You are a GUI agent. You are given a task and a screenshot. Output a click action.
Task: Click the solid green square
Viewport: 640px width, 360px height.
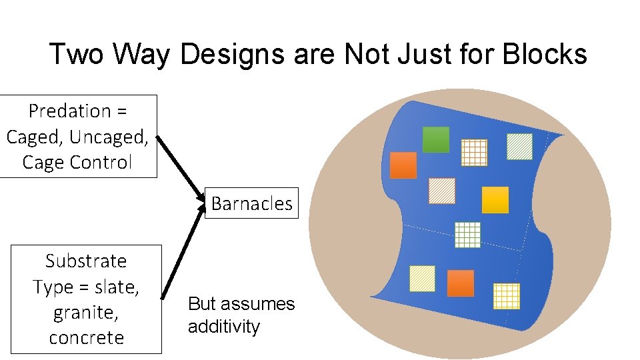[436, 139]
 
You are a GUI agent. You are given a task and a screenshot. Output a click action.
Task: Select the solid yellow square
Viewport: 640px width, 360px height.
[495, 200]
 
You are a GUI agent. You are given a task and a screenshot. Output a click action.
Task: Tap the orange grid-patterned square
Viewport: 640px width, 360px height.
[475, 153]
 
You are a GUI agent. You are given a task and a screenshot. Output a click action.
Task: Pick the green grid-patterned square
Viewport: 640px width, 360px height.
[467, 234]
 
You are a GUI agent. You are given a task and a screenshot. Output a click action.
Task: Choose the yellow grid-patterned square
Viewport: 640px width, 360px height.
[506, 296]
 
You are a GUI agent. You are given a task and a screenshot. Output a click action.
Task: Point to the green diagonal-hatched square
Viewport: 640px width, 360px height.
[519, 147]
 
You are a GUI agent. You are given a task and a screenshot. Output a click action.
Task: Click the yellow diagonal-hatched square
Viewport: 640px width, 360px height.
[422, 279]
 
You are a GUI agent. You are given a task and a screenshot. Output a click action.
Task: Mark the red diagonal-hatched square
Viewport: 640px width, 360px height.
[441, 191]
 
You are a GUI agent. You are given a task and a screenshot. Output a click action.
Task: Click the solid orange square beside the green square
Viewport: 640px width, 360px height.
[403, 165]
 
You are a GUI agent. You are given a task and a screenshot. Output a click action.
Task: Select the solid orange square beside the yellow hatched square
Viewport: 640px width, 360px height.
[461, 283]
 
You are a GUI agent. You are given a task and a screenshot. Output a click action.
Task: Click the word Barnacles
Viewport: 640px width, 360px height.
[252, 203]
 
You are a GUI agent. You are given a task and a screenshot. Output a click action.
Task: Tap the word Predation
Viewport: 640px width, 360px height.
[69, 111]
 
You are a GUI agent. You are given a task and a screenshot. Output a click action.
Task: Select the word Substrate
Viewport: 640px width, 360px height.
[86, 261]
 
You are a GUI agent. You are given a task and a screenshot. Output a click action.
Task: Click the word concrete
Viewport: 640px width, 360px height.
[86, 337]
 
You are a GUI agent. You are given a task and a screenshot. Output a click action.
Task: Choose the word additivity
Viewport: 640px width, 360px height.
[224, 327]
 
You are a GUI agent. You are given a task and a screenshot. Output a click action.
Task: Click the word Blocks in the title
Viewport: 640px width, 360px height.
[545, 55]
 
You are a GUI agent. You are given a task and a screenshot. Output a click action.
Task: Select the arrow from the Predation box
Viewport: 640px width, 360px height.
[181, 166]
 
